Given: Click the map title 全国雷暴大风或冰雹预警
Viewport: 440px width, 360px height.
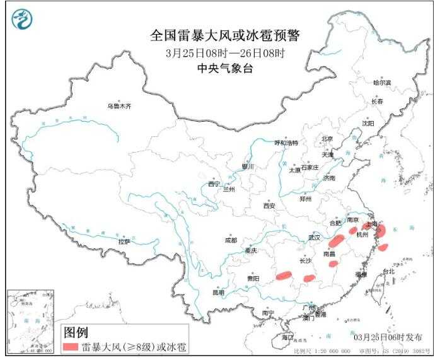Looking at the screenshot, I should (224, 36).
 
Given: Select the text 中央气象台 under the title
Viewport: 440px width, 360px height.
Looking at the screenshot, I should (224, 69).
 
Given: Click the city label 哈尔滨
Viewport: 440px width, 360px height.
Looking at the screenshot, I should (381, 83).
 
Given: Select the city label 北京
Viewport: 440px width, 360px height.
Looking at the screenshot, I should (327, 139).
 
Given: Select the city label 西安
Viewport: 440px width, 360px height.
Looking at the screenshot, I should (269, 206).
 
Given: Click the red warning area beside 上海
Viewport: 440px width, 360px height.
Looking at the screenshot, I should (380, 231).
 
